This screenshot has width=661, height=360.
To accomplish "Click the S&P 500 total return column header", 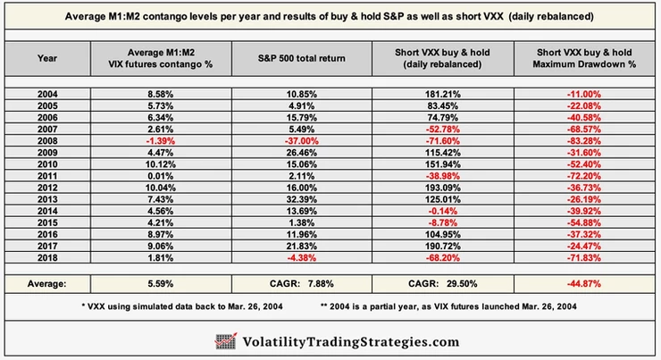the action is pos(301,59).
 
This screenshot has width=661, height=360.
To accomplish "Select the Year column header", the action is pos(47,58).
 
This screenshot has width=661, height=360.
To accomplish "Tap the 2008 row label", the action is pos(47,141).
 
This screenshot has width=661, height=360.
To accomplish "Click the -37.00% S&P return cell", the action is pos(301,141).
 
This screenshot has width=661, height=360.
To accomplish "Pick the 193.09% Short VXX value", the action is pos(443,188).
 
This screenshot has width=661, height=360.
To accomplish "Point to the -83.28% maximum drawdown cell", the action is pos(584,141).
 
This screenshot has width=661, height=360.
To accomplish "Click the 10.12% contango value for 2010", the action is pos(160,164).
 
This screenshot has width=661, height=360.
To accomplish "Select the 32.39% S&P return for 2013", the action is pos(301,199).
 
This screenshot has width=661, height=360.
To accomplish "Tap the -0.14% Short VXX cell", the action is pos(443,211).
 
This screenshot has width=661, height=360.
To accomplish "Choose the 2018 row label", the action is pos(47,257).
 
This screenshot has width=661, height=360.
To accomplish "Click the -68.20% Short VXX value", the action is pos(443,257).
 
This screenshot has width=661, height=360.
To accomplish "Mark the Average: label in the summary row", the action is pos(46,284).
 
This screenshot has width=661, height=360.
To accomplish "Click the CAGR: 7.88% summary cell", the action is pos(301,284).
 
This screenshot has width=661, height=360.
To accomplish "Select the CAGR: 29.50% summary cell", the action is pos(443,284).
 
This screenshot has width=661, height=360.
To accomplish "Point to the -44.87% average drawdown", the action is pos(584,284).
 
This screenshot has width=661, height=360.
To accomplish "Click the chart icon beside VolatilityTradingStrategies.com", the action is pos(226,341).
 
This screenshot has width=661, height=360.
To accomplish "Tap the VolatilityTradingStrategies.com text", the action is pos(351,342).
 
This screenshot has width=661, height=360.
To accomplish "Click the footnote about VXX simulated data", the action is pos(182,306).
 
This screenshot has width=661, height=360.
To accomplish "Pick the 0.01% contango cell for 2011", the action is pos(160,176).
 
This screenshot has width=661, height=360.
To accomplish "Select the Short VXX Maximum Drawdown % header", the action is pos(584,58).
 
